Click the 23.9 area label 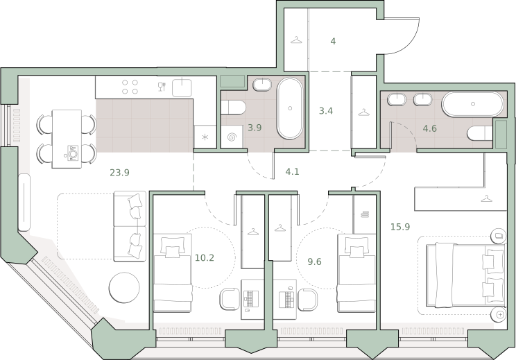pos(119,172)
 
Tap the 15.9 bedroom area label pos(400,227)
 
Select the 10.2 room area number pos(205,257)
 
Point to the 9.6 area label pos(314,262)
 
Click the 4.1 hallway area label pos(292,171)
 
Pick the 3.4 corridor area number pos(326,111)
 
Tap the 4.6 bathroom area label pos(430,128)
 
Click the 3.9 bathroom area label pos(255,128)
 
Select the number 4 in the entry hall pos(333,42)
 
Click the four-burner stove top pos(130,87)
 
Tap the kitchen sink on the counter pos(182,87)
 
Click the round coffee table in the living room pos(124,288)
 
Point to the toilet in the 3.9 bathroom pos(233,108)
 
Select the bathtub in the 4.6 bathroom pos(472,104)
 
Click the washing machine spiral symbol pos(232,137)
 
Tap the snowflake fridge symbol pos(205,137)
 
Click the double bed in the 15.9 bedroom pos(465,275)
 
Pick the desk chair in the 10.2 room pos(230,299)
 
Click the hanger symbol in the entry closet pos(296,40)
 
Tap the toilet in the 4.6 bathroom pos(480,133)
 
